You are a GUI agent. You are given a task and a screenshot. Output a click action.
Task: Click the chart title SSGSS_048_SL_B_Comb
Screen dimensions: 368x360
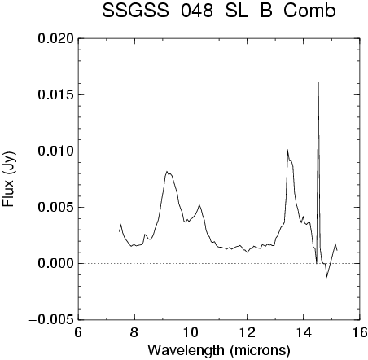pos(219,11)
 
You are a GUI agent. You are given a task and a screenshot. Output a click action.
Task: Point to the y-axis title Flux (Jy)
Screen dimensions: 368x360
pos(8,179)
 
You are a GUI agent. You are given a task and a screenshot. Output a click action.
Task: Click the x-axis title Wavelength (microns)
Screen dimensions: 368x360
pos(219,350)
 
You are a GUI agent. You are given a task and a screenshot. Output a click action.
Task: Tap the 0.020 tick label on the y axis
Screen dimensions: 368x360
pos(56,38)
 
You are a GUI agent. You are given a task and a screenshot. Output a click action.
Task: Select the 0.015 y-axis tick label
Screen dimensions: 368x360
pos(56,94)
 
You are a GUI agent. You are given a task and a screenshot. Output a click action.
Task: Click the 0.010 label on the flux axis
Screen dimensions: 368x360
pos(56,151)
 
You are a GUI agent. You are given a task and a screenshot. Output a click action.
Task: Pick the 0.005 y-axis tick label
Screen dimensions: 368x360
pos(56,207)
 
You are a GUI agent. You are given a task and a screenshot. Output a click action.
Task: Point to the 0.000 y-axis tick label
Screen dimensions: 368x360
pos(56,263)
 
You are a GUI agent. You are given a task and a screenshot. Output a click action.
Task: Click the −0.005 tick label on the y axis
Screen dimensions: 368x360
pos(51,320)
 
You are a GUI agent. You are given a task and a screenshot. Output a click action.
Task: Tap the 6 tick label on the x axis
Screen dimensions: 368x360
pos(78,332)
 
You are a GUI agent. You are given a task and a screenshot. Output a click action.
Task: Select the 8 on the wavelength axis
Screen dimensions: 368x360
pos(134,332)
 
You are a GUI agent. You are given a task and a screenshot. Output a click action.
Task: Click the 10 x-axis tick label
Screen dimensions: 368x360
pos(191,332)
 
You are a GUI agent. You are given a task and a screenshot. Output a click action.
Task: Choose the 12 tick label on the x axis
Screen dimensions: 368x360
pos(247,332)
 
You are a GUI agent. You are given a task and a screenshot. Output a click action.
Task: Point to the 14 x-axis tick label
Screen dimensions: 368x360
pos(303,332)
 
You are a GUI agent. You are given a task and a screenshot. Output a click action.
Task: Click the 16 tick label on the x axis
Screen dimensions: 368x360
pos(360,332)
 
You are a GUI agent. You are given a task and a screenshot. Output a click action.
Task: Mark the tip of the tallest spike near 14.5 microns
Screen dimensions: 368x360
pos(318,82)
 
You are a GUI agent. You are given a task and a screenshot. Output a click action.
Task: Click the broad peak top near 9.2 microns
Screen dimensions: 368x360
pos(167,171)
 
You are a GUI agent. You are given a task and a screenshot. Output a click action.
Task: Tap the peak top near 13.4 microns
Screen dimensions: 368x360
pos(287,150)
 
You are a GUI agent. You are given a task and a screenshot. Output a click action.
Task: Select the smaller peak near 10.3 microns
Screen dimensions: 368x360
pos(199,204)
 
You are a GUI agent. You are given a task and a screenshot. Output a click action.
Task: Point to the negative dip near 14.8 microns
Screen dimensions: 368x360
pos(327,277)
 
